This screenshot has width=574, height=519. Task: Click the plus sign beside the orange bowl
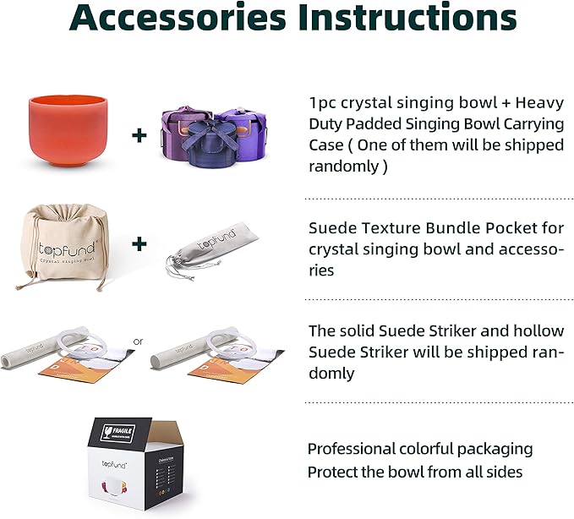tap(140, 134)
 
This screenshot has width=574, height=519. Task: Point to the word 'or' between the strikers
tap(139, 342)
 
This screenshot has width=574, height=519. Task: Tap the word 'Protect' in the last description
tap(334, 472)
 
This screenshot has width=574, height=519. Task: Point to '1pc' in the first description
tap(323, 103)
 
